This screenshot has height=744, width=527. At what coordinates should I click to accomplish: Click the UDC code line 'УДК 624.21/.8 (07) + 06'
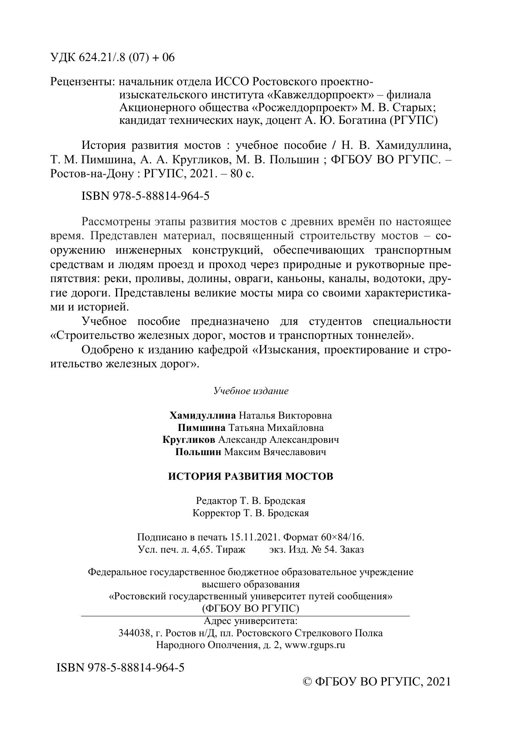112,58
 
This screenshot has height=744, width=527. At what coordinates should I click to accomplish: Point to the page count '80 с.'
242,173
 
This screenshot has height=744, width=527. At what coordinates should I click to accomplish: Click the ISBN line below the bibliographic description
144,196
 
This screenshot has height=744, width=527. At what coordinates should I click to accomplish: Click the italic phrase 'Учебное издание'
251,391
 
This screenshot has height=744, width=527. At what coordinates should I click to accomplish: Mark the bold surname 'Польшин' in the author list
198,452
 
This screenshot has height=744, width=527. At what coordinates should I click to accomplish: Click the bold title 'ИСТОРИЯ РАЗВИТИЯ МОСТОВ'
251,476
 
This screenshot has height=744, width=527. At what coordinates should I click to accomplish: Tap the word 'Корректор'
216,513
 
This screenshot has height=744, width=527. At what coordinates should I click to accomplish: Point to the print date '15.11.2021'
254,537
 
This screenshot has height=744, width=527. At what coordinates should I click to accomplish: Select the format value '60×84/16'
344,537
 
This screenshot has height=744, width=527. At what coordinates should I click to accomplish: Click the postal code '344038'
134,633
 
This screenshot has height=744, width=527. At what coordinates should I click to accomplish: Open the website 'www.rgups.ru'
314,646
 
